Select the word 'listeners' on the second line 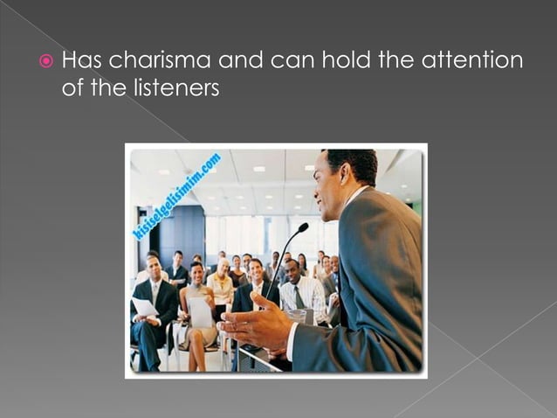point(175,88)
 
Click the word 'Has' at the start point(83,62)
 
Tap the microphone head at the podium point(302,229)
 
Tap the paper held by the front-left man point(145,307)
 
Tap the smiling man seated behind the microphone point(258,274)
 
